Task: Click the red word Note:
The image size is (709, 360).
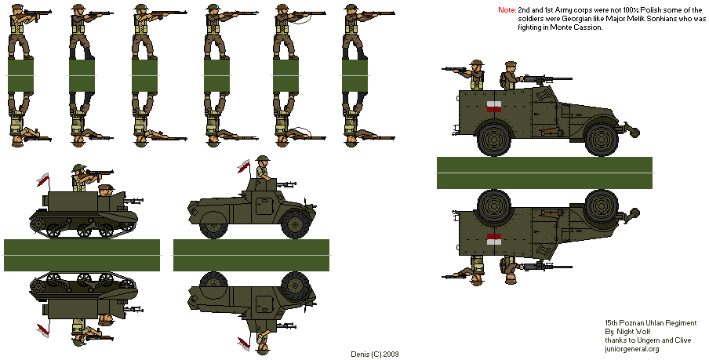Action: coord(507,10)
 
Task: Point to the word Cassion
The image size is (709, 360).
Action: coord(590,27)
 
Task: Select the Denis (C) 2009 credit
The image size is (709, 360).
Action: coord(375,355)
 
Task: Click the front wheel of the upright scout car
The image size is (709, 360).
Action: coord(602,140)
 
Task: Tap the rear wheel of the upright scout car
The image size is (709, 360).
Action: coord(494,140)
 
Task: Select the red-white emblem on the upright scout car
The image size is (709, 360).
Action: coord(494,107)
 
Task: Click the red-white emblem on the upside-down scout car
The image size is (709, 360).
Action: coord(494,239)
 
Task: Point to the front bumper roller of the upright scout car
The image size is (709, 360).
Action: coord(634,133)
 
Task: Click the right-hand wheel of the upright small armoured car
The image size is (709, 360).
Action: coord(295,224)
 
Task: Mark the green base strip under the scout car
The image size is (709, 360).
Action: coord(544,173)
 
